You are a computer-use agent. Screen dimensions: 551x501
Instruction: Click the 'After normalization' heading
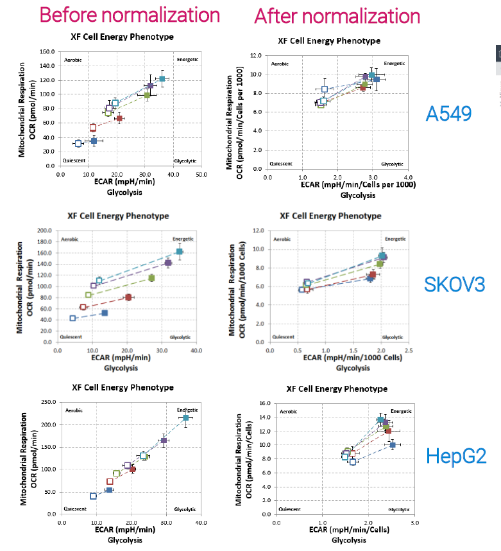337,16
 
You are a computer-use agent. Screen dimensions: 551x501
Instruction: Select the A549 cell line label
448,114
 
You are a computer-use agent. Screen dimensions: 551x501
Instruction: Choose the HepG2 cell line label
456,456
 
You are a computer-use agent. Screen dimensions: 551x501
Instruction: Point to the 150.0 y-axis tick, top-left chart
47,51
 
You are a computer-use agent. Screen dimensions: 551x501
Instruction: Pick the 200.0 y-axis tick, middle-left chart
46,231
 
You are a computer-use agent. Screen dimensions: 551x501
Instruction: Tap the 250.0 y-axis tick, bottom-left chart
46,403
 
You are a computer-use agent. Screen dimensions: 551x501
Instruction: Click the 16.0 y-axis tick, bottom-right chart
264,404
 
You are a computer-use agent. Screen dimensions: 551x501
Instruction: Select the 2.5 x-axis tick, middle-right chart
408,351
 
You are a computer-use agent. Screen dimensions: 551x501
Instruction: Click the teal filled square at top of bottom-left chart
186,418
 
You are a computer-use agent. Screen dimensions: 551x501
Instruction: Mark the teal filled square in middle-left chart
180,252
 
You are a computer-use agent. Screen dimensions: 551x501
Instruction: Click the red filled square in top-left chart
119,118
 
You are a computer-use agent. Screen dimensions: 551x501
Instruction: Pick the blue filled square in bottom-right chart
393,444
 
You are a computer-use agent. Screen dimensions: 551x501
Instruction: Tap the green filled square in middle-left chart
151,278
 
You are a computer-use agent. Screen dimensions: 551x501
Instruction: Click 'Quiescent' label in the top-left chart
74,160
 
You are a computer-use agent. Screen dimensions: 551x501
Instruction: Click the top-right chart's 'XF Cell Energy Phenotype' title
329,40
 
